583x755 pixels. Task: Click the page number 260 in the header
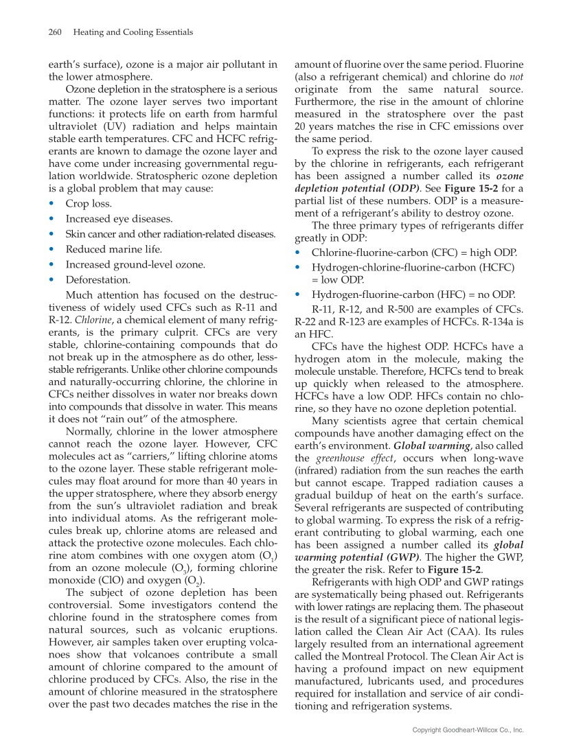(x=56, y=32)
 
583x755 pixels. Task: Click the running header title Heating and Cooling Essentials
(x=133, y=32)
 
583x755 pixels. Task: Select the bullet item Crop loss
(x=89, y=204)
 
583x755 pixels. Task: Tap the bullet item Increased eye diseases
(x=119, y=219)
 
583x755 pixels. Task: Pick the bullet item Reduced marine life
(x=114, y=249)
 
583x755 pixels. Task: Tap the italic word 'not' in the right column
(x=516, y=78)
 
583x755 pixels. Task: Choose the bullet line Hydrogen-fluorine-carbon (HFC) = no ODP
(x=413, y=294)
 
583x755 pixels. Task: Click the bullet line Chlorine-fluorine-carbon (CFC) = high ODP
(x=414, y=253)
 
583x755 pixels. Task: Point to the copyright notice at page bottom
(x=468, y=730)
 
